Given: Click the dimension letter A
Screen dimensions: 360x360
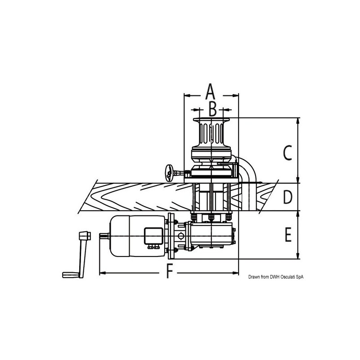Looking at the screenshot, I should point(210,92).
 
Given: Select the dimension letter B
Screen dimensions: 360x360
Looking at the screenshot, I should point(213,108).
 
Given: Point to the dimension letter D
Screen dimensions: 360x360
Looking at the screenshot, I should point(288,197).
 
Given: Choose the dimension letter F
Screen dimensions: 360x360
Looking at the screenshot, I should point(169,271).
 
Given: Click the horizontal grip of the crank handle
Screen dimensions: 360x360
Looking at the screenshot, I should point(70,274).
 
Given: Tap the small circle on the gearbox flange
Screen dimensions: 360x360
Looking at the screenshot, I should point(180,236).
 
